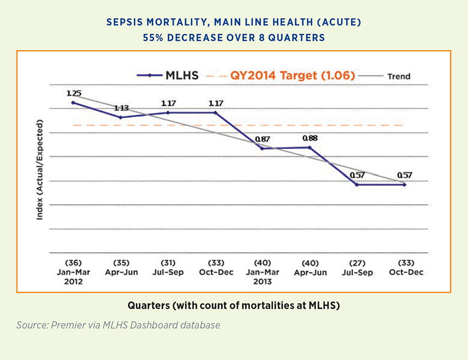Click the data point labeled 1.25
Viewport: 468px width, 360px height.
(73, 102)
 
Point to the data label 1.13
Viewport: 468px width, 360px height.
(120, 108)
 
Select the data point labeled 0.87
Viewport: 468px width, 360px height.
(262, 149)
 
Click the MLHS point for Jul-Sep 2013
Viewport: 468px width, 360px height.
(357, 184)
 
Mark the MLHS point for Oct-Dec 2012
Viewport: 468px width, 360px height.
(215, 112)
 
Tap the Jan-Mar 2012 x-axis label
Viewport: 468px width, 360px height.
(73, 276)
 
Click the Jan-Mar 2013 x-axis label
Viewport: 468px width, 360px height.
(262, 276)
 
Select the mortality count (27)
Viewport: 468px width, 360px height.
(357, 263)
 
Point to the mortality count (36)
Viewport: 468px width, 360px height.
(73, 263)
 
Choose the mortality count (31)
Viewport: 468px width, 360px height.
(167, 263)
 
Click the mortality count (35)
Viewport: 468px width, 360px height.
(120, 263)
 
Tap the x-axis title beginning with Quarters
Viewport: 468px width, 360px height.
(233, 304)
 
